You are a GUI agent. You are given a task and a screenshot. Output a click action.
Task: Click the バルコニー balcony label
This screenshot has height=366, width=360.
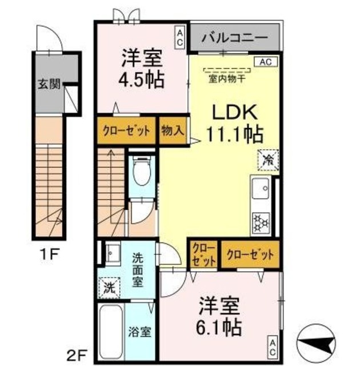(234, 38)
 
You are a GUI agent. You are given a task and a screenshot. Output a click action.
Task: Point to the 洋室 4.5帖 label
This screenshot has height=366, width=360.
(142, 69)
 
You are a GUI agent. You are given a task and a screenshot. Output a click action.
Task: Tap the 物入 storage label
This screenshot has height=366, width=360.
(172, 130)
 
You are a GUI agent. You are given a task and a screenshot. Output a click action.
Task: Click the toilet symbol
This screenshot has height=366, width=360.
(140, 170)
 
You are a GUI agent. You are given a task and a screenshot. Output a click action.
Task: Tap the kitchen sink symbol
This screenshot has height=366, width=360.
(261, 188)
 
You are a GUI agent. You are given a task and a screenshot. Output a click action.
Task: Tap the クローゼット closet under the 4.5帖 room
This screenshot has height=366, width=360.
(126, 130)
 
